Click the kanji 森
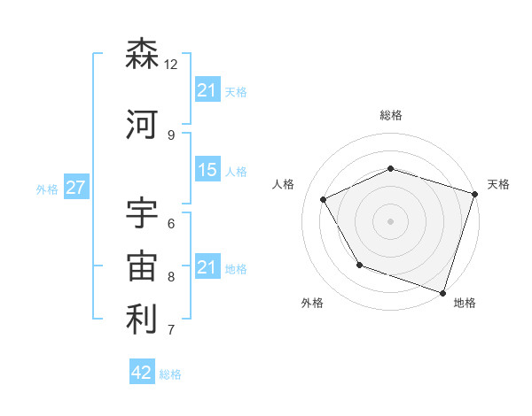(x=142, y=55)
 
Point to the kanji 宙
(x=142, y=267)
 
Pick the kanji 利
(x=142, y=320)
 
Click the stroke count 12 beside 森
(x=171, y=65)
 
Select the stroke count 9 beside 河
(x=171, y=135)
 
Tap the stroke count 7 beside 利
(x=171, y=330)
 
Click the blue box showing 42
(x=142, y=373)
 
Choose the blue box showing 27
(x=75, y=188)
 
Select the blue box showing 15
(x=207, y=170)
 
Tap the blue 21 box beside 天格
(x=207, y=90)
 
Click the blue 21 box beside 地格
(x=207, y=267)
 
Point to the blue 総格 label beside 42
(x=170, y=374)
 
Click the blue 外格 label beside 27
(x=47, y=189)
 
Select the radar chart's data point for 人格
(x=324, y=200)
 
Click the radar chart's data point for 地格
(x=442, y=291)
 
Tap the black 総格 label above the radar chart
(x=391, y=115)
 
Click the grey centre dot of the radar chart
(x=391, y=220)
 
